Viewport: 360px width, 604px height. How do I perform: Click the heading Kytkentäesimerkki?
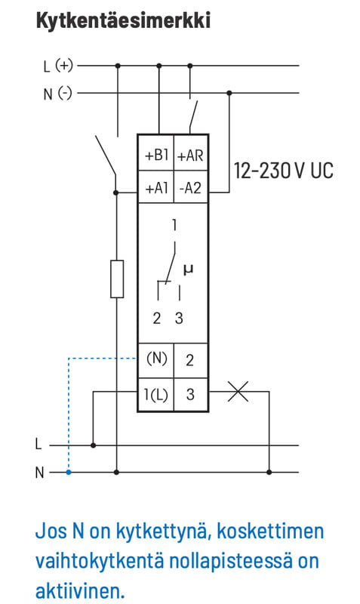click(123, 20)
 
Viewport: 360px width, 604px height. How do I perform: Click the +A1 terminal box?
click(156, 186)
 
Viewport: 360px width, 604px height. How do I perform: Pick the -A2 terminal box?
click(191, 186)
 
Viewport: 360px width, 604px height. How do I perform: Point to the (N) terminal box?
click(156, 360)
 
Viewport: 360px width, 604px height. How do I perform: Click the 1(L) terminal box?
click(156, 394)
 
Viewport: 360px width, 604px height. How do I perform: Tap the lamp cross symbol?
click(238, 392)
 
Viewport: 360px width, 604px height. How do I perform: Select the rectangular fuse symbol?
click(117, 279)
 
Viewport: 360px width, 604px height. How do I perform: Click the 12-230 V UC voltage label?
click(283, 171)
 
